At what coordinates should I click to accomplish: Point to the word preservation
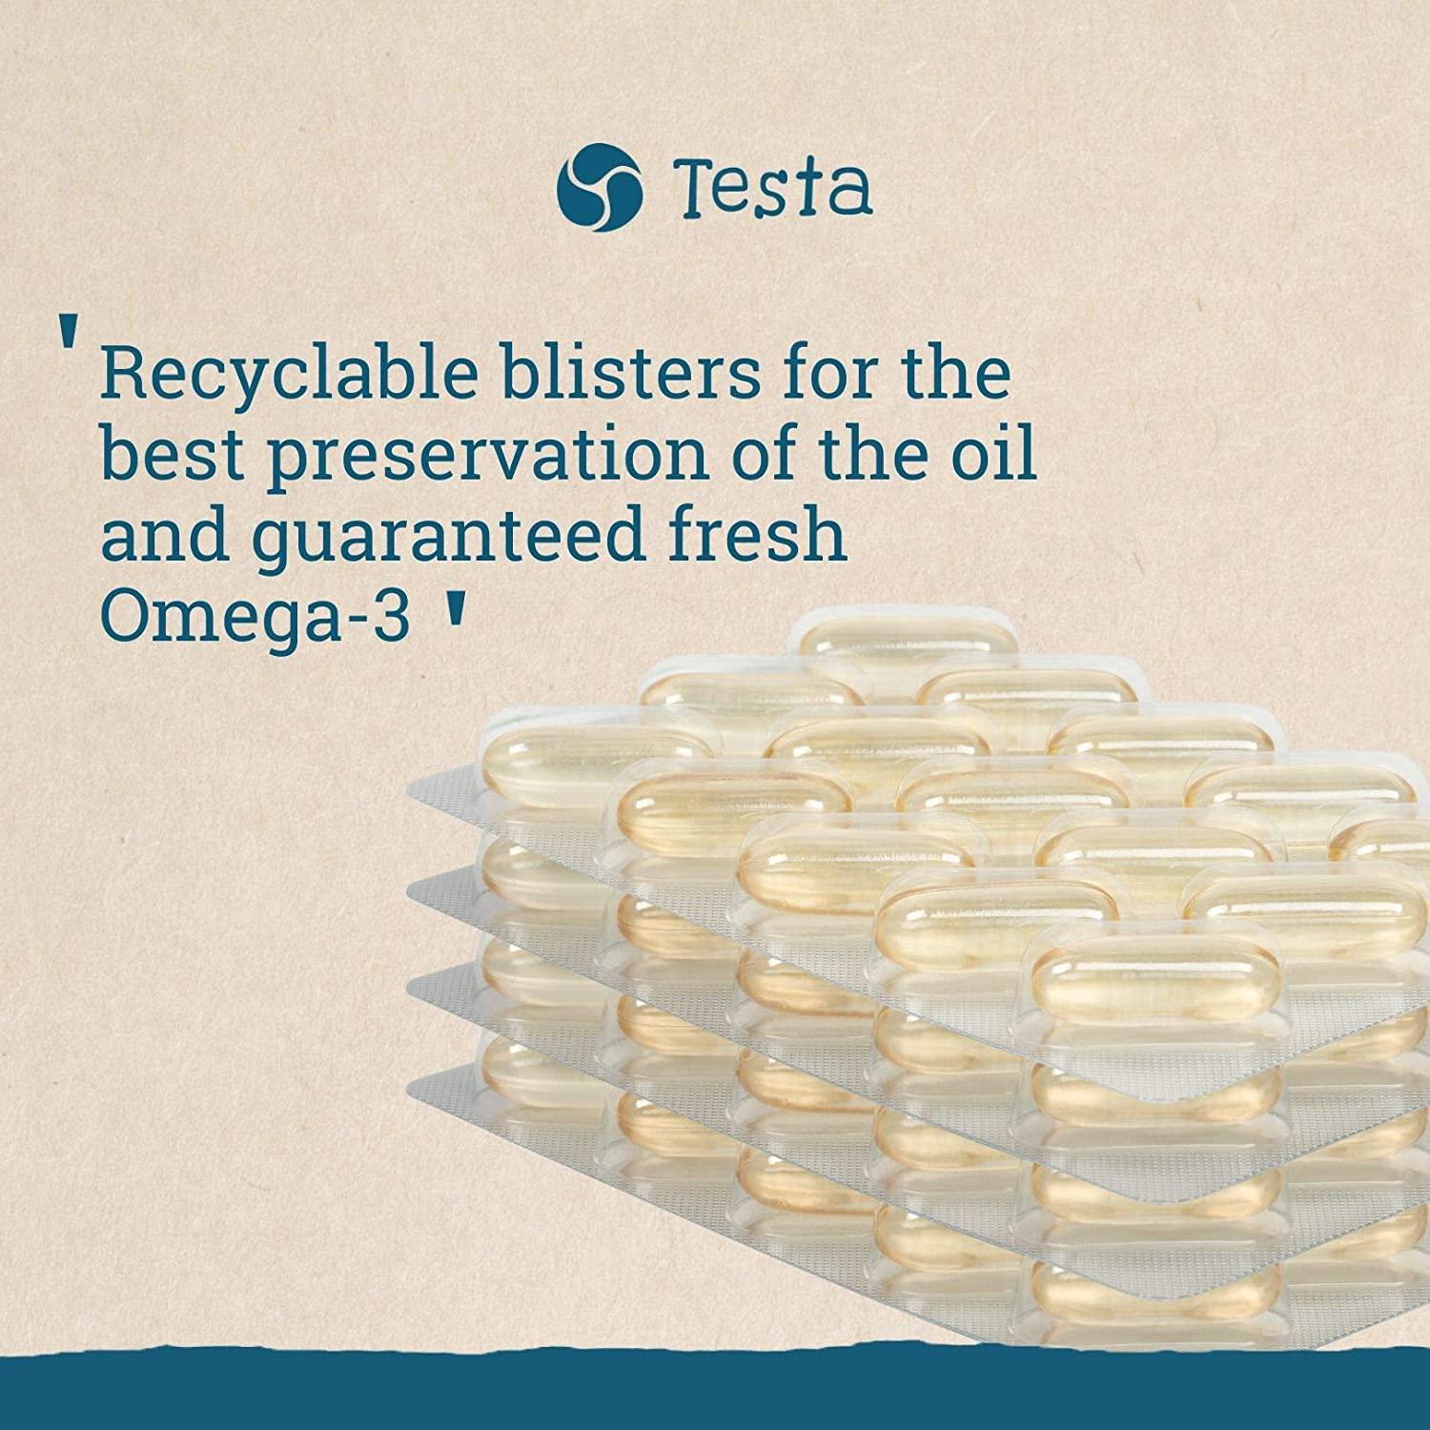tap(487, 457)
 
